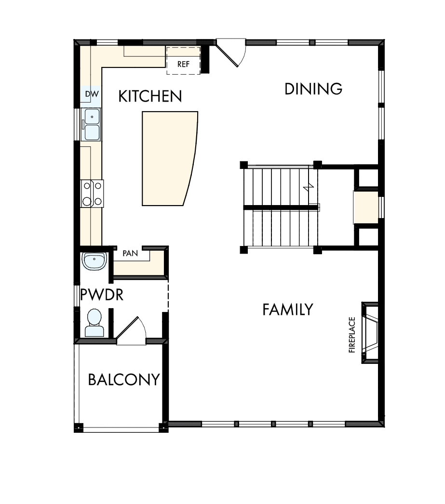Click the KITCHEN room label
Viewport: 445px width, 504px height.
pyautogui.click(x=150, y=96)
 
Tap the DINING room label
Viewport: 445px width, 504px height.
pyautogui.click(x=313, y=89)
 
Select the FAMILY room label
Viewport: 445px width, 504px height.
pyautogui.click(x=288, y=310)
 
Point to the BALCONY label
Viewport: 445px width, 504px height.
pyautogui.click(x=123, y=380)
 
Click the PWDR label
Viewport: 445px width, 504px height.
pyautogui.click(x=102, y=294)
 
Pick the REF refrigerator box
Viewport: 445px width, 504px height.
pyautogui.click(x=183, y=61)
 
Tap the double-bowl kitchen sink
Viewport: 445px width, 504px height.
pyautogui.click(x=91, y=124)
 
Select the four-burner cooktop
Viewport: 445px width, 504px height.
pyautogui.click(x=92, y=193)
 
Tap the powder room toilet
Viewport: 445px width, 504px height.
pyautogui.click(x=94, y=322)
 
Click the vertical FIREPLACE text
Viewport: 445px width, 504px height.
pyautogui.click(x=352, y=335)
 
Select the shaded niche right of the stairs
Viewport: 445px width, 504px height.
pyautogui.click(x=367, y=207)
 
